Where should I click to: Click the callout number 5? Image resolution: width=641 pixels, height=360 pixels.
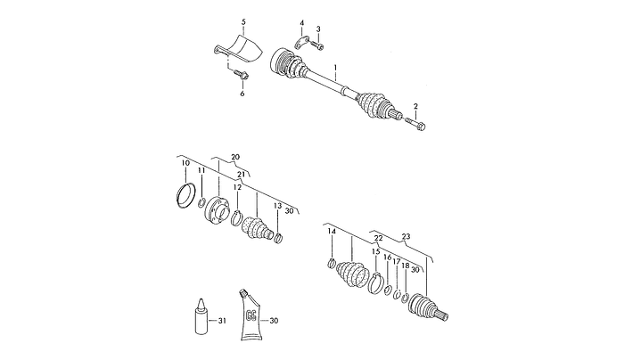tap(243, 21)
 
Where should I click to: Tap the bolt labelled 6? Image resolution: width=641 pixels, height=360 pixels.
tap(242, 74)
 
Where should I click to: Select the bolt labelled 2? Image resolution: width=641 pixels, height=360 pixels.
tap(415, 123)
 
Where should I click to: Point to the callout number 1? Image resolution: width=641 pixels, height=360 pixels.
tap(335, 67)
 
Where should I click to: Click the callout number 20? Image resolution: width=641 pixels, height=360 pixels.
tap(235, 157)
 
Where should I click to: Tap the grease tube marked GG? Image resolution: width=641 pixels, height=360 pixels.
tap(251, 314)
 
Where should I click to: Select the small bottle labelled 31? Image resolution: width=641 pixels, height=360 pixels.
tap(201, 316)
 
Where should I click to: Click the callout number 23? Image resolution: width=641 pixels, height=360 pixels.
tap(406, 237)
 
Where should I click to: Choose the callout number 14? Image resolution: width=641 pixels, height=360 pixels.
tap(332, 232)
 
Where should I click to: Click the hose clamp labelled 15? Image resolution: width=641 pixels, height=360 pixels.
tap(375, 282)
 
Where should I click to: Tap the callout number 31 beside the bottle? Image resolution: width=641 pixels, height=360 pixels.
tap(222, 321)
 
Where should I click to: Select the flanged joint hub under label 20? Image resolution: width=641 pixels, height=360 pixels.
tap(216, 209)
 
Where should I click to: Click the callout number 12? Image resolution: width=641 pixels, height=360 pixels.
tap(237, 187)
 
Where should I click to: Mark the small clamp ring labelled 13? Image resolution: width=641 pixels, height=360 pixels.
tap(278, 237)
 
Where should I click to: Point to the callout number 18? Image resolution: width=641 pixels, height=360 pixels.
tap(405, 266)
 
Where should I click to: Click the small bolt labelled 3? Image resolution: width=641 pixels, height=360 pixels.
tap(316, 45)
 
